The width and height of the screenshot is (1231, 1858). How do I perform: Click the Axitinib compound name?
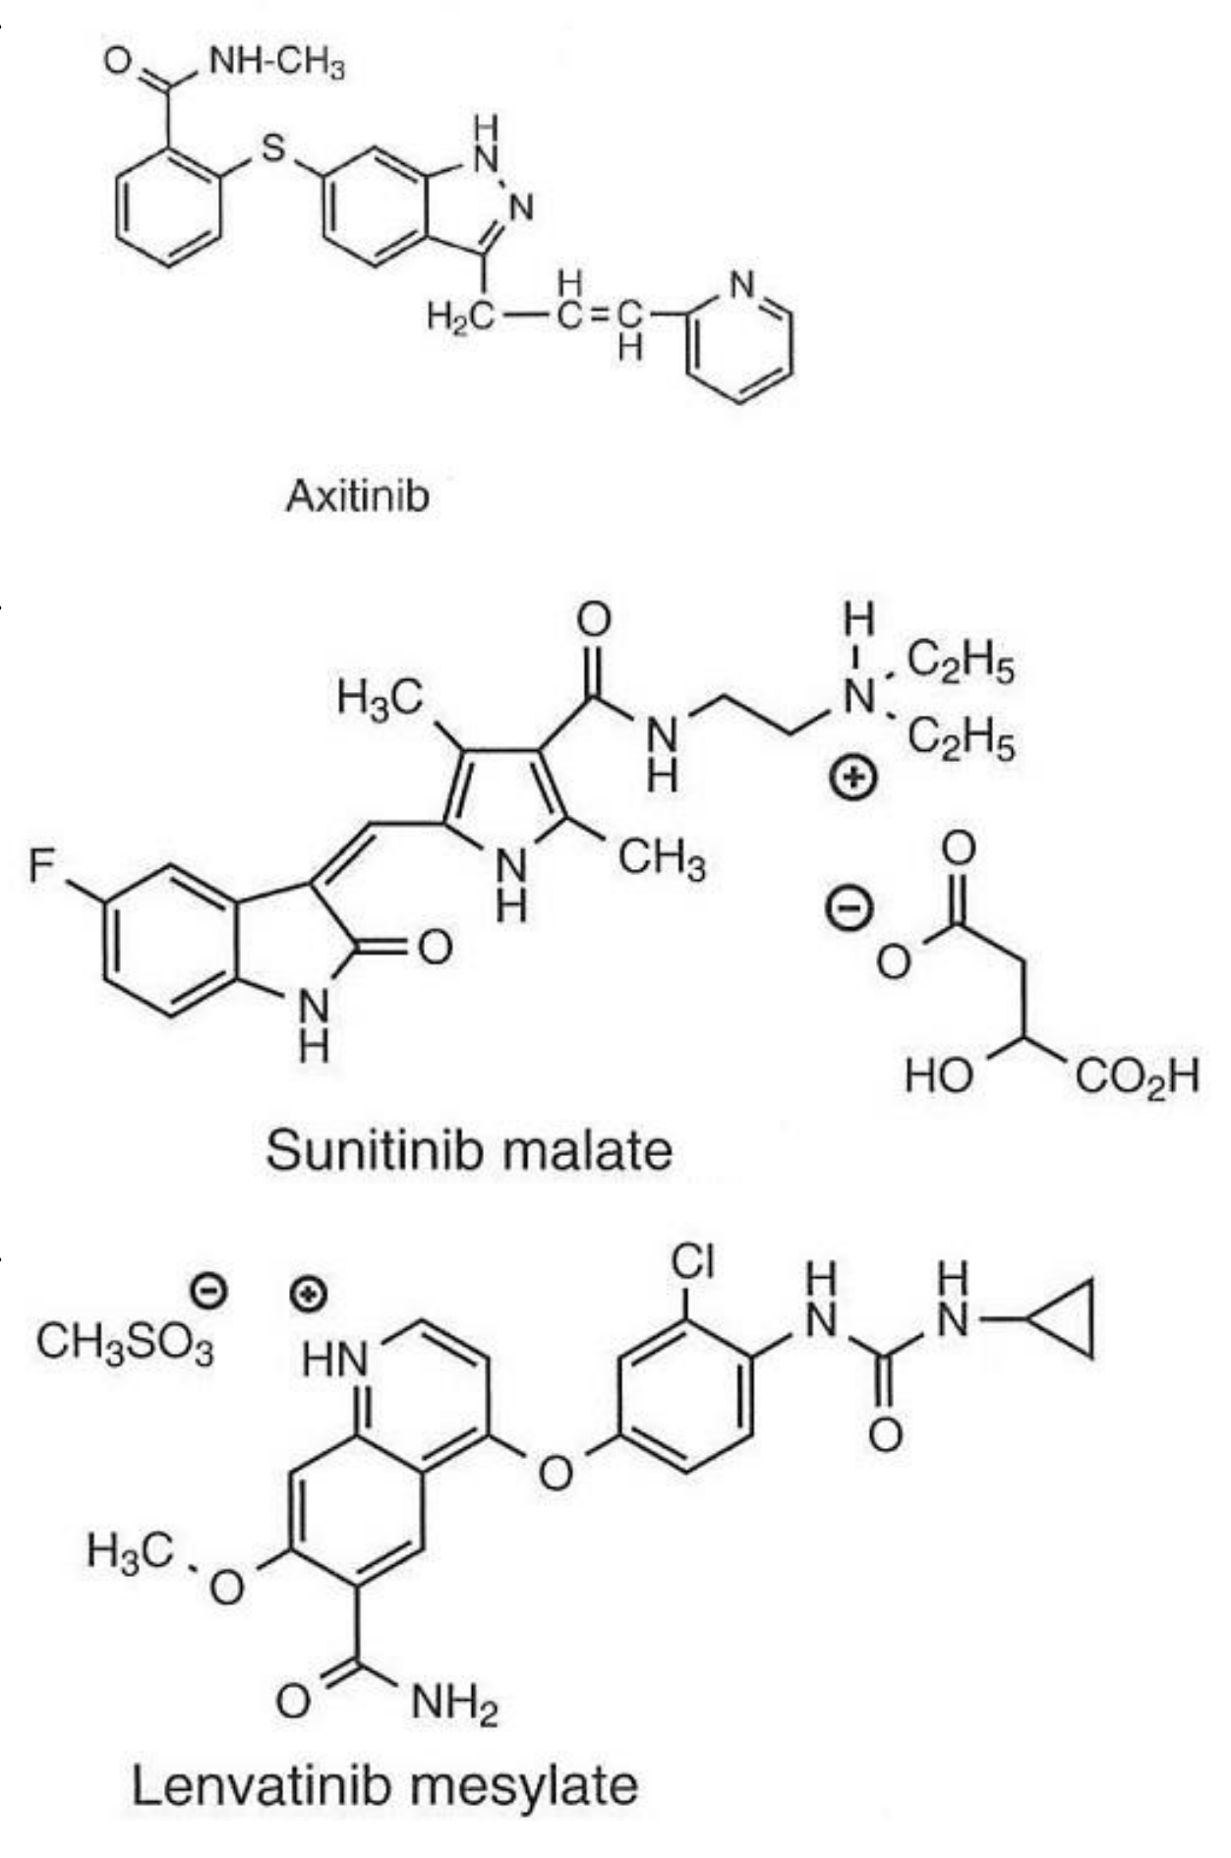[358, 495]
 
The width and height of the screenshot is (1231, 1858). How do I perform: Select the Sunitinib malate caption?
[469, 1148]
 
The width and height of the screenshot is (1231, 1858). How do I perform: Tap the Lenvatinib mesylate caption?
[384, 1784]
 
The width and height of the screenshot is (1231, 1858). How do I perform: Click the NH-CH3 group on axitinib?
[277, 65]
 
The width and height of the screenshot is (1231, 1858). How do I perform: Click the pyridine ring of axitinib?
[739, 339]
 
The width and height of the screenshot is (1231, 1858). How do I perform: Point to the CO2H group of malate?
[1138, 1076]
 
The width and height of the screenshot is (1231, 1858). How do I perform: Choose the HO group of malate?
[941, 1075]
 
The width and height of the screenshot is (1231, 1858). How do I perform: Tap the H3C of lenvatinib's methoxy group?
[129, 1551]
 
